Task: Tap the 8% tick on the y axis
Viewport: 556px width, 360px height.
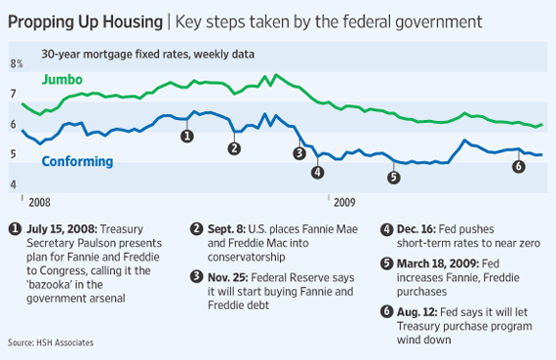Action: click(x=16, y=63)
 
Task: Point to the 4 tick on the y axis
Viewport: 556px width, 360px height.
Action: click(x=13, y=184)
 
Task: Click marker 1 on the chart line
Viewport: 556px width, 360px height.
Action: click(x=187, y=136)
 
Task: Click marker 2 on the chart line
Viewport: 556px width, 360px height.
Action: click(x=234, y=148)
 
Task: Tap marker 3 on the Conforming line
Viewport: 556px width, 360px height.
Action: click(x=299, y=153)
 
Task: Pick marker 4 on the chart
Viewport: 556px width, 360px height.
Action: click(x=317, y=173)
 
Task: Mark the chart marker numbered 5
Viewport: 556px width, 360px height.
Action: click(x=393, y=178)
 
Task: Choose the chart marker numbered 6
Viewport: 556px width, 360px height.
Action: click(x=518, y=166)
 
